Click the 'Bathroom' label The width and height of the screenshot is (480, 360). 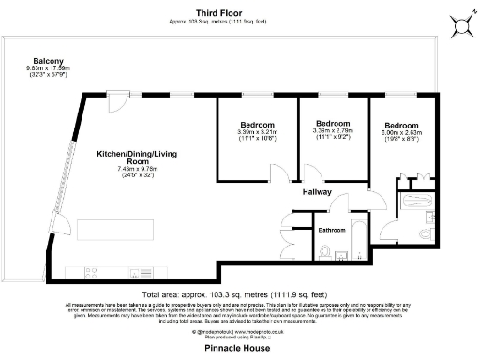click(332, 230)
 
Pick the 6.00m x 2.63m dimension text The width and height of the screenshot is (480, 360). click(401, 134)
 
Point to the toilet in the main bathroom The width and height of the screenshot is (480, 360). click(324, 251)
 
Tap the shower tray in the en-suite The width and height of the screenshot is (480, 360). click(412, 202)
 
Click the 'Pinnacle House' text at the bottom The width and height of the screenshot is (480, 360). click(238, 346)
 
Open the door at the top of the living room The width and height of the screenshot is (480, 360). click(113, 97)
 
